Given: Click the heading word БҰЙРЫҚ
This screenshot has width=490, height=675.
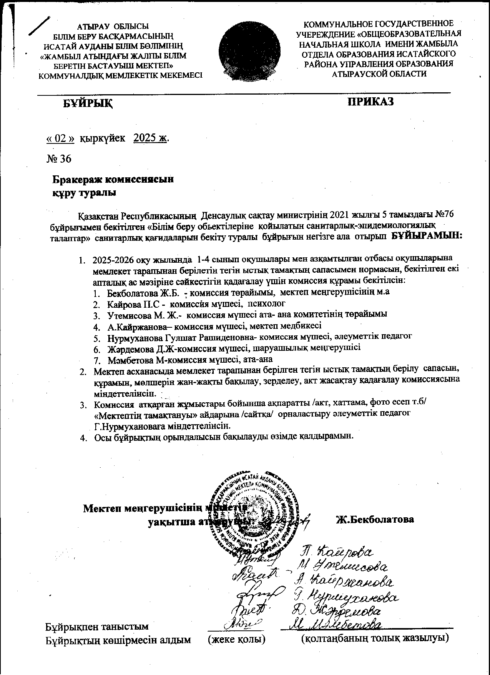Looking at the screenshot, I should (x=88, y=103).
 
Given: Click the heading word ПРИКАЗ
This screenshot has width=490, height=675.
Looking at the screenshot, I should (x=370, y=102).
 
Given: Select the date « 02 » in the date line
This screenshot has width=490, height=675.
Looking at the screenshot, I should (x=60, y=138).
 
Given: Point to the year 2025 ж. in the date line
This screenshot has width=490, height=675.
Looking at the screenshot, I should (x=150, y=138).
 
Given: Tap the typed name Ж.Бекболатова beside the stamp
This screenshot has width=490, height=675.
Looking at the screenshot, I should (x=375, y=519).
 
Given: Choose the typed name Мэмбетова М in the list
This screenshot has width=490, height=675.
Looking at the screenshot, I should (x=133, y=360).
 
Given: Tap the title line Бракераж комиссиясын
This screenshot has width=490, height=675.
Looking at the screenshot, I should (x=113, y=180).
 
